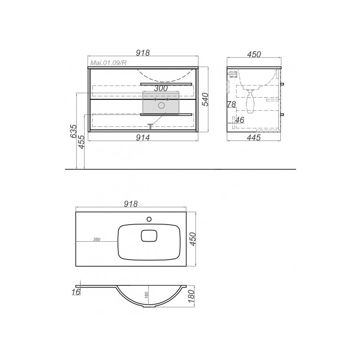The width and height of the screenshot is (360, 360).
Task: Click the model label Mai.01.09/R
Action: click(x=108, y=63)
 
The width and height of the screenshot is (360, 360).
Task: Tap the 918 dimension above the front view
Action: click(x=143, y=53)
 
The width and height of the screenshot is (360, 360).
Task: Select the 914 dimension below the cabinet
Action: click(x=143, y=138)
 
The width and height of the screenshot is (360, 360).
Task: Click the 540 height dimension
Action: click(x=205, y=99)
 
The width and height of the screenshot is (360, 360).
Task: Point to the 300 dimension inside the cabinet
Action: click(x=161, y=88)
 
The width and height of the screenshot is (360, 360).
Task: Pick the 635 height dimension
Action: click(x=74, y=131)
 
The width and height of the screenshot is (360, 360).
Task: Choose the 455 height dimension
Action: click(x=82, y=142)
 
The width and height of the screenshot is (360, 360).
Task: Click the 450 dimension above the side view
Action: click(x=254, y=54)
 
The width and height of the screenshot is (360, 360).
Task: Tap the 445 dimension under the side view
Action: click(x=254, y=138)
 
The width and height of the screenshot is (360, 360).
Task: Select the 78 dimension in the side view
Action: click(x=232, y=104)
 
